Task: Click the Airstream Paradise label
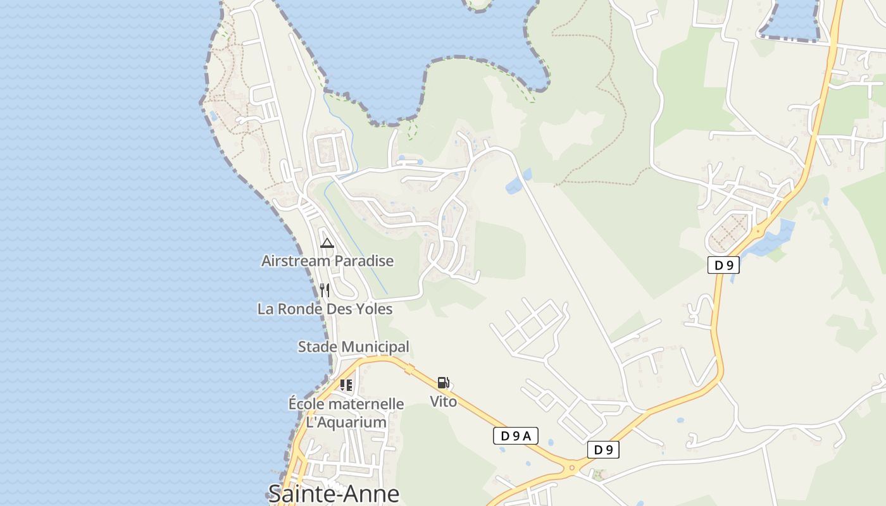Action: [x=327, y=261]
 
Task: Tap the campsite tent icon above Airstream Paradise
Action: [x=327, y=243]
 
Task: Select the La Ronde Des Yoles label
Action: [x=325, y=309]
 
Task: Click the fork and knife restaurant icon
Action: [x=325, y=290]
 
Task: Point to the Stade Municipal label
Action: [x=353, y=347]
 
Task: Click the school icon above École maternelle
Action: [x=346, y=385]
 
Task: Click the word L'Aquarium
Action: [x=346, y=422]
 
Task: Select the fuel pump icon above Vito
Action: [x=443, y=382]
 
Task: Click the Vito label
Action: [x=443, y=401]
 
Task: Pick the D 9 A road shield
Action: [x=515, y=435]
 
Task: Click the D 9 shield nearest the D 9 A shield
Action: [x=603, y=450]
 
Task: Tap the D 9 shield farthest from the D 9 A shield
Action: [x=723, y=265]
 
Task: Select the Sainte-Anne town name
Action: [x=334, y=493]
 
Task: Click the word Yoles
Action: [x=374, y=309]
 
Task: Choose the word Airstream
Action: [x=296, y=261]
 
